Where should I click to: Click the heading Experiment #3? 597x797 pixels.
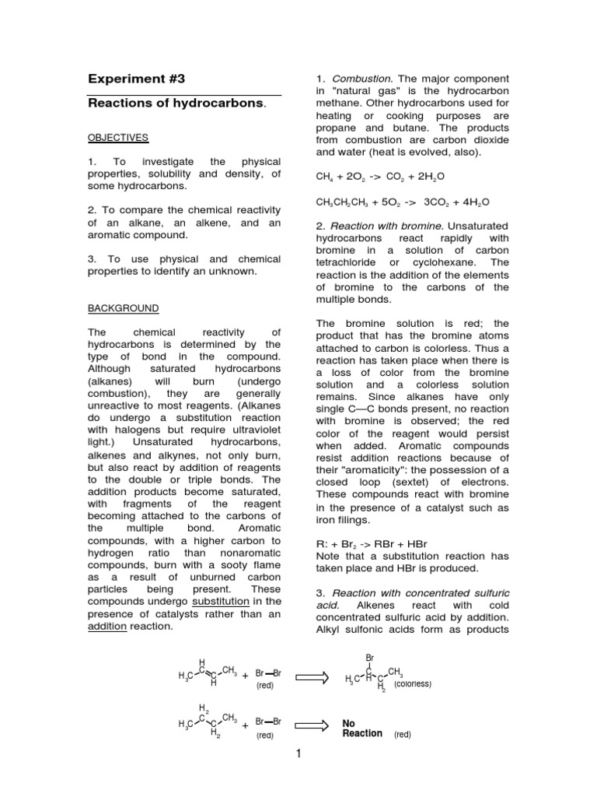click(138, 79)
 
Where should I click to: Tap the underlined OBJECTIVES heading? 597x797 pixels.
click(117, 138)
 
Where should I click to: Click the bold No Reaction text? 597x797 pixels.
click(362, 728)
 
